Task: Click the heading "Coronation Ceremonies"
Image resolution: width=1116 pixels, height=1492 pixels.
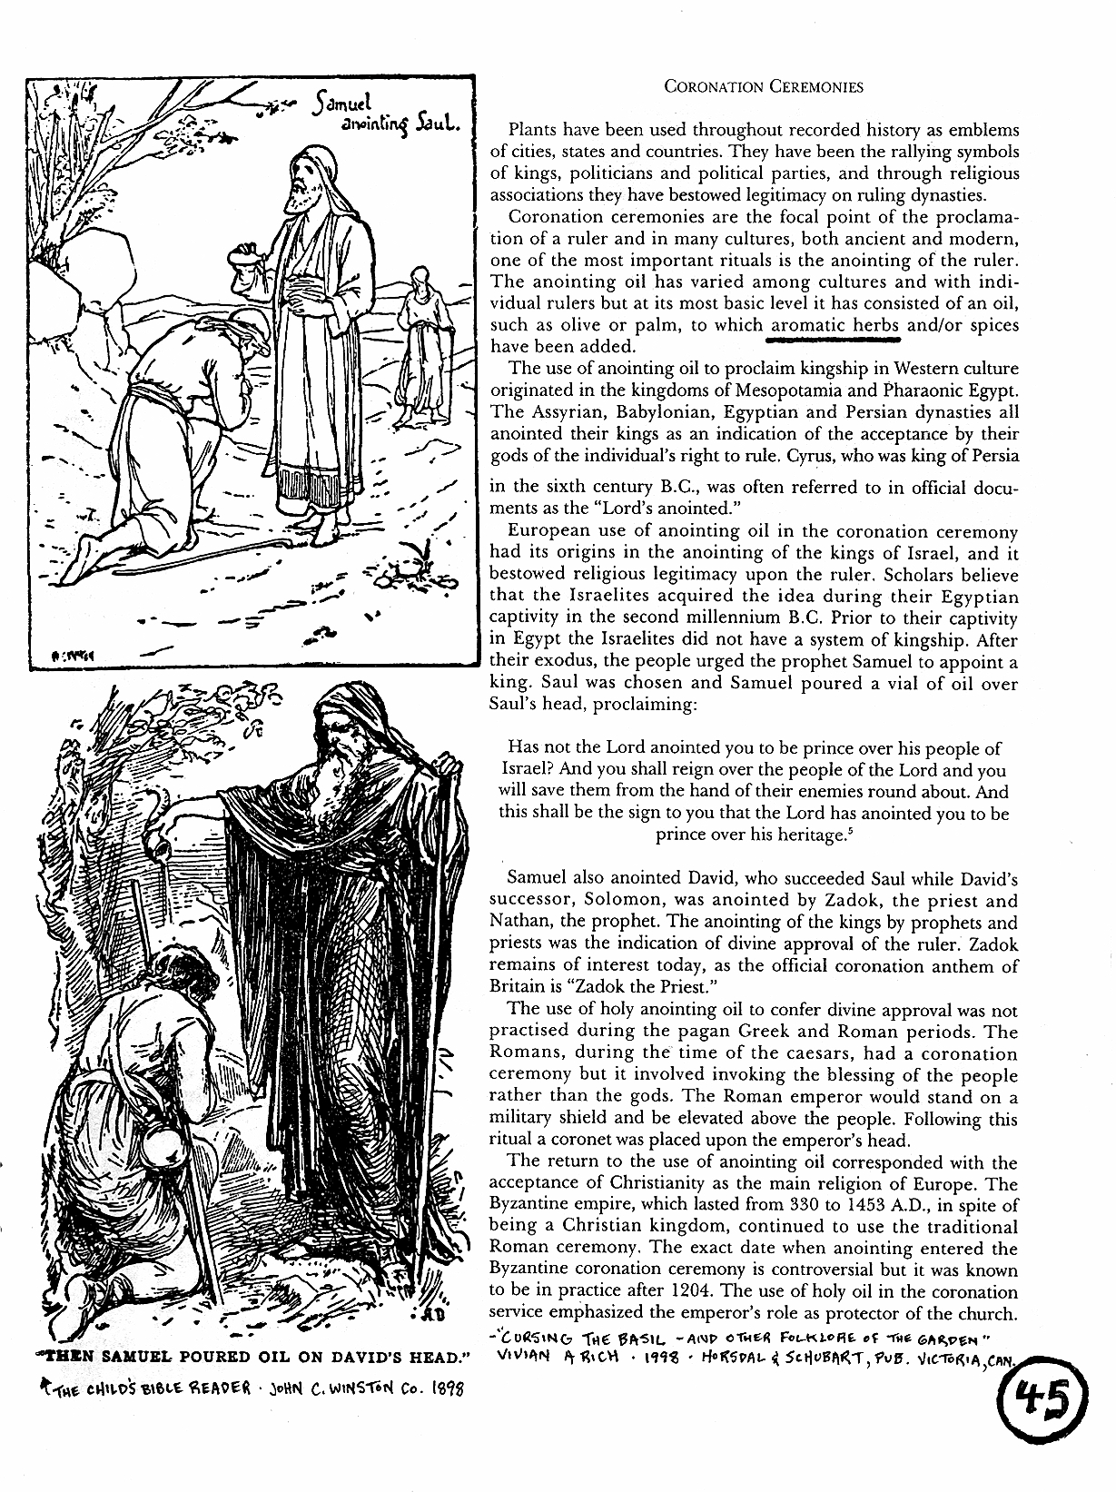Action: click(x=763, y=87)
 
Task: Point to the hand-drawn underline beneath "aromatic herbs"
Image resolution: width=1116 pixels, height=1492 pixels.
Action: click(x=834, y=342)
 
